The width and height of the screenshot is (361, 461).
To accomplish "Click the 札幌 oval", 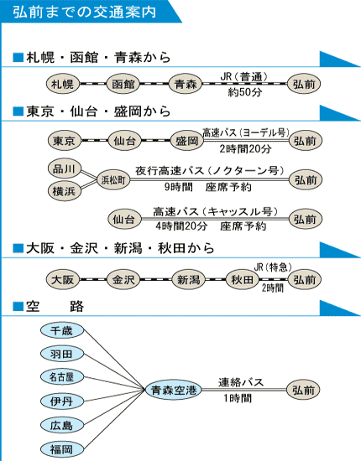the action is coord(63,84).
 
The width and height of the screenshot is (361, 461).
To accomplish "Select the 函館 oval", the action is coord(123,84).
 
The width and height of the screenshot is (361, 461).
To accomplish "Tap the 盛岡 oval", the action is coord(187,141).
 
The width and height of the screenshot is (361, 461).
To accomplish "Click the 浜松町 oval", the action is coord(113,180).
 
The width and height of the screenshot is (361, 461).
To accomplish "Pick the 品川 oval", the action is coord(64,169).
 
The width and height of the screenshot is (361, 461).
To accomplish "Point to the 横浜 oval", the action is coord(64,191).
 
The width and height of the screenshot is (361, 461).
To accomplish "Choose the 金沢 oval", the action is coord(123,279).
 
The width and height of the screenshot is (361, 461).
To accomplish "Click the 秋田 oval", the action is coord(242,279).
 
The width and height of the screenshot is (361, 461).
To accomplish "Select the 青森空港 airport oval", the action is coord(174,390).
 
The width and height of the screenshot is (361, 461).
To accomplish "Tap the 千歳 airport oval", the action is coord(62,330).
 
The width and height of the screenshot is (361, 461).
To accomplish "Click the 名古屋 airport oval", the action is coord(62,376).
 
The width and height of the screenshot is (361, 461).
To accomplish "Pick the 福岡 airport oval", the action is coord(62,448).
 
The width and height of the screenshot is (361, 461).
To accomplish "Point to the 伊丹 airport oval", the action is coord(62,401).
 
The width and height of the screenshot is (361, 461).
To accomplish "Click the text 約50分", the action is coord(244,92).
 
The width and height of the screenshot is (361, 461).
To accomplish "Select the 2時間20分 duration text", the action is coord(245,149).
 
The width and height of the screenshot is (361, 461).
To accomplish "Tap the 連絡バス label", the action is coord(241,382).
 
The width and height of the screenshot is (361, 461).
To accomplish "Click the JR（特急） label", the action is coord(273,267).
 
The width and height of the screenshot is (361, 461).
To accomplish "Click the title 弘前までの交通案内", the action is coord(84,12).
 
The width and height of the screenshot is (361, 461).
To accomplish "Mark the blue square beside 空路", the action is coord(18,306).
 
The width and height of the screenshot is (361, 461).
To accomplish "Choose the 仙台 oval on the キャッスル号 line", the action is coord(124,220).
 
